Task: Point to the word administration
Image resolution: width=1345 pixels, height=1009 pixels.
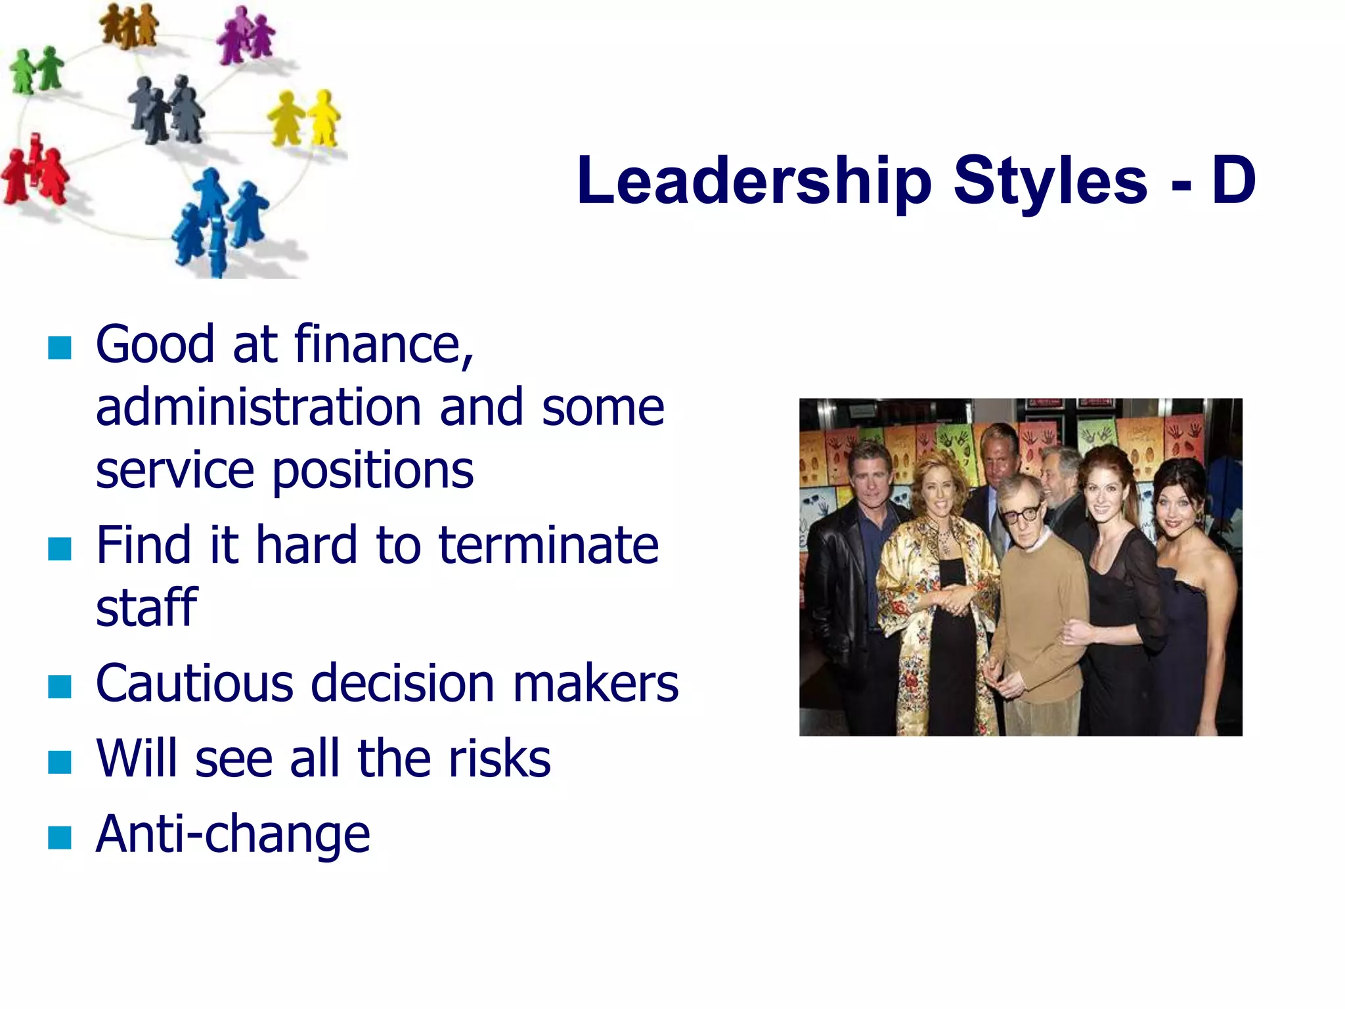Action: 258,407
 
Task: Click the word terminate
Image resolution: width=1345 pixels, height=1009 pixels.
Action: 548,545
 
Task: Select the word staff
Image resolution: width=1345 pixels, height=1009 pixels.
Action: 146,607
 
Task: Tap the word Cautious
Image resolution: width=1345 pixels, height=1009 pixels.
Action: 194,683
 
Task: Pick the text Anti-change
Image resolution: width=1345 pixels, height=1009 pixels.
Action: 233,834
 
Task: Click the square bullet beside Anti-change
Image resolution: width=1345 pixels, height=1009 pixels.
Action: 60,838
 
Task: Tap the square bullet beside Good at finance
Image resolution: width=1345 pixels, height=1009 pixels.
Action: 60,348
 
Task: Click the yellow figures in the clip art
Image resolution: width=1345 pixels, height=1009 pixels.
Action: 304,118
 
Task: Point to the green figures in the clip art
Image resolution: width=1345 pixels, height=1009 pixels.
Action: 37,70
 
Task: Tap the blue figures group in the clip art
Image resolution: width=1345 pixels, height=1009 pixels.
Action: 220,220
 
